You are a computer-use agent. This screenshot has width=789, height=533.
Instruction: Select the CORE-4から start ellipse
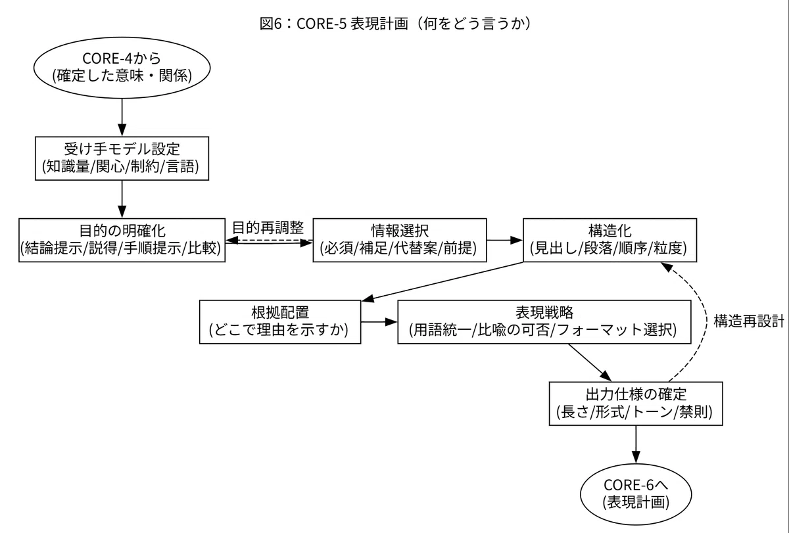(x=122, y=68)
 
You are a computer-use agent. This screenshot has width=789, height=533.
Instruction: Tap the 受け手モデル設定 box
(x=122, y=158)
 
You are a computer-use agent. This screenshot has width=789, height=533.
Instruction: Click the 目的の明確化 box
(x=122, y=240)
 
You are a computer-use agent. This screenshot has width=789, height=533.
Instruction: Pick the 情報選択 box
(x=400, y=240)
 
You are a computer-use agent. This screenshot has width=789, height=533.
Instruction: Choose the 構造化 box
(x=610, y=240)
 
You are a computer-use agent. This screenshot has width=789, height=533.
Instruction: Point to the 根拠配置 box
(x=280, y=322)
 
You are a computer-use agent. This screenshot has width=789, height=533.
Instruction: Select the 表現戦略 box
(x=544, y=322)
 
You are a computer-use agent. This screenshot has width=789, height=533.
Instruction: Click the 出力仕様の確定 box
(x=636, y=404)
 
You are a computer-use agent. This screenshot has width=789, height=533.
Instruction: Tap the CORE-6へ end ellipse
(x=636, y=494)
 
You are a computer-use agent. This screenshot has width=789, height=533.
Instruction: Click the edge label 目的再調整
(x=268, y=228)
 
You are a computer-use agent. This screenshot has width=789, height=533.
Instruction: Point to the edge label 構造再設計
(x=749, y=321)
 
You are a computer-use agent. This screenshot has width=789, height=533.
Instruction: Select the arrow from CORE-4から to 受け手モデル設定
(x=122, y=117)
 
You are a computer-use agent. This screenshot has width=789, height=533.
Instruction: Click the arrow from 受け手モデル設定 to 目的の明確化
(x=122, y=199)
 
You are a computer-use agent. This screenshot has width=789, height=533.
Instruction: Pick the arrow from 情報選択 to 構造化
(x=505, y=240)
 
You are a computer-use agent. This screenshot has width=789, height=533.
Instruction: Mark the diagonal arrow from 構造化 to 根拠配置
(x=442, y=282)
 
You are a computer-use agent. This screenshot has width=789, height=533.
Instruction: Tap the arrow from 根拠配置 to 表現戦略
(x=379, y=322)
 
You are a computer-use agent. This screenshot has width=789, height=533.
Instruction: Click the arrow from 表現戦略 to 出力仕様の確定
(x=590, y=362)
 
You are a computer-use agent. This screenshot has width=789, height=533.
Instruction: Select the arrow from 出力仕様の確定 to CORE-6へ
(x=636, y=444)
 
